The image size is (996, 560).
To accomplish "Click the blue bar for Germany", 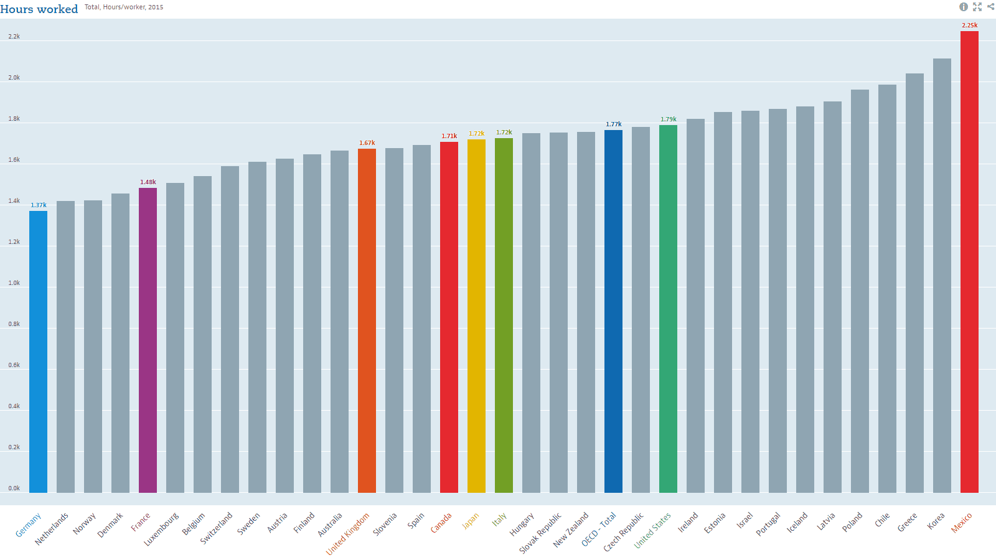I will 38,352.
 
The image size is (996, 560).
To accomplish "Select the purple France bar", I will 148,340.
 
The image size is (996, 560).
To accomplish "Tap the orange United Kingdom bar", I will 367,320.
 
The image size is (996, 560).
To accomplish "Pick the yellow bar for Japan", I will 476,315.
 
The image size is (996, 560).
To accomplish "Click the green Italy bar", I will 504,315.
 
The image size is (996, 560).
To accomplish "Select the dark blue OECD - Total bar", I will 613,311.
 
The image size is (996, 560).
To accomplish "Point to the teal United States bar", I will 668,309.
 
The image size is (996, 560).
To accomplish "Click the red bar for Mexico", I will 969,261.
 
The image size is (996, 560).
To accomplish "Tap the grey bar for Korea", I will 942,275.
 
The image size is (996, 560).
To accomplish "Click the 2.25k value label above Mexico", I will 969,26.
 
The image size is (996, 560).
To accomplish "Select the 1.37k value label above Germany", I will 39,205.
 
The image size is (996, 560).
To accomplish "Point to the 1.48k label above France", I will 148,182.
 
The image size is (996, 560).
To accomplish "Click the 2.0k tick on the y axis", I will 14,78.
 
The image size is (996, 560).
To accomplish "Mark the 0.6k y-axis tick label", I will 14,365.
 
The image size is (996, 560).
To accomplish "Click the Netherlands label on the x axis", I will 52,529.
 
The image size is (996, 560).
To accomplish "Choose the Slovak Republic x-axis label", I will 540,533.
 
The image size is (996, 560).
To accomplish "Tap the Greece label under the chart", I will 907,522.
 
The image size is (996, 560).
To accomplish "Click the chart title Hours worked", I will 39,9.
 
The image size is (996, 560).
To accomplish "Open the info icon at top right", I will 964,7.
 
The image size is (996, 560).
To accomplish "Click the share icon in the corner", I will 990,7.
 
